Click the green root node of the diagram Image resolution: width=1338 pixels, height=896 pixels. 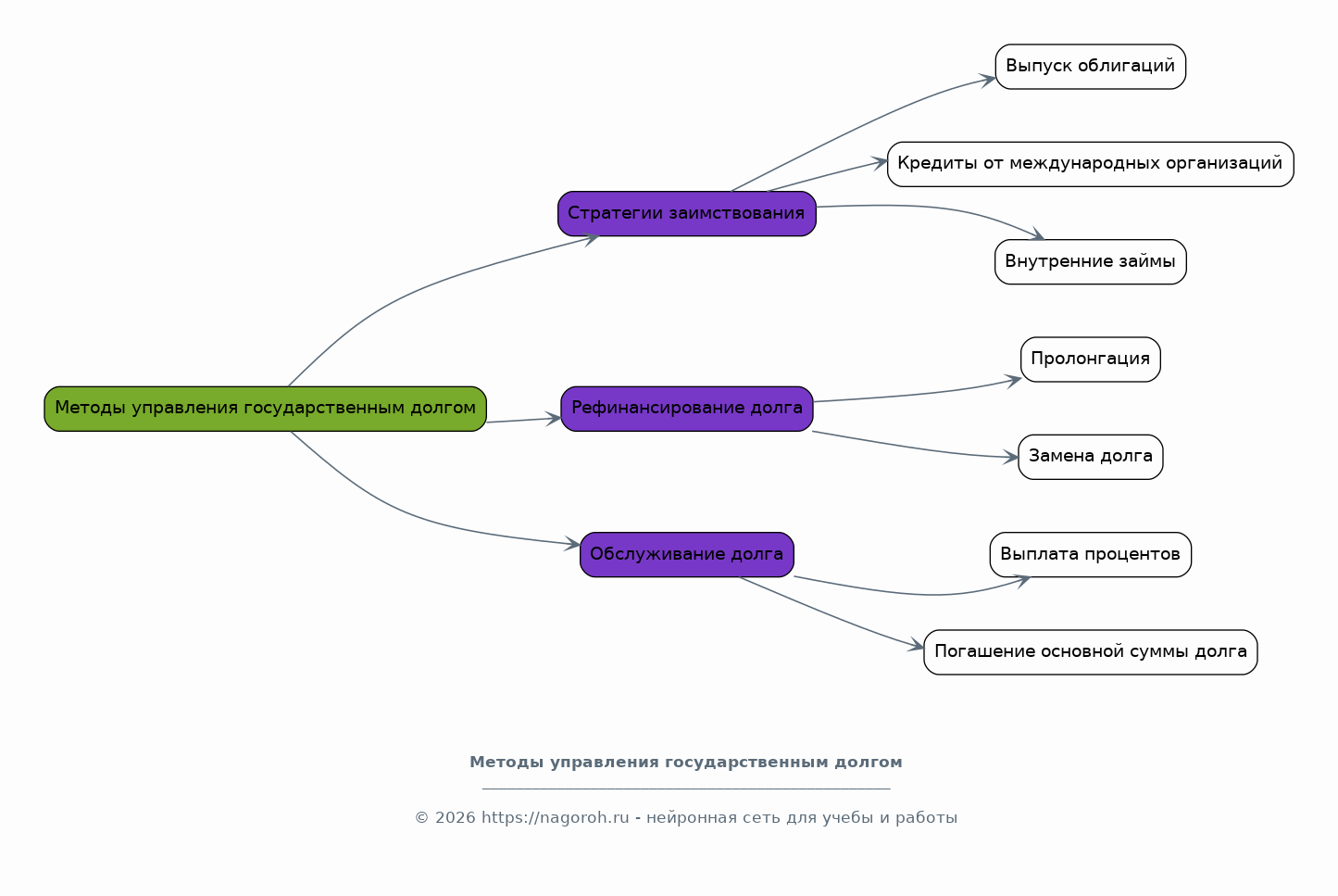click(x=265, y=409)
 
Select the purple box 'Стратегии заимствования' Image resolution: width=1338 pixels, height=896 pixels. click(x=687, y=214)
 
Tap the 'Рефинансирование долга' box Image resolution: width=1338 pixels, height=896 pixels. click(x=687, y=409)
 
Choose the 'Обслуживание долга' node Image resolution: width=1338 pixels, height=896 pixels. click(x=687, y=555)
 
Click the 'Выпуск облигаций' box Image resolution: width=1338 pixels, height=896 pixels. click(x=1091, y=67)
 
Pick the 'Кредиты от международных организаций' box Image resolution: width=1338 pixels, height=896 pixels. click(x=1091, y=164)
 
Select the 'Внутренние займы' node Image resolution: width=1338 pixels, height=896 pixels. click(x=1091, y=262)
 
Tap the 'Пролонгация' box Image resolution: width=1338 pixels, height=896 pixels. click(x=1091, y=360)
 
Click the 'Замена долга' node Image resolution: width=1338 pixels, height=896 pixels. click(x=1091, y=457)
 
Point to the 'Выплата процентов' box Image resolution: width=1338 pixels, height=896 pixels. click(x=1091, y=555)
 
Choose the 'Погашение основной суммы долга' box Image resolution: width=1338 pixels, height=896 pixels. click(x=1091, y=652)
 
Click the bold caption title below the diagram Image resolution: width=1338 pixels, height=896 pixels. click(x=686, y=763)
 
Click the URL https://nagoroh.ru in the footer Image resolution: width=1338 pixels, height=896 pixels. click(x=555, y=817)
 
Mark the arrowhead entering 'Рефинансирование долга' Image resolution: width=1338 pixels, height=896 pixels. click(x=554, y=419)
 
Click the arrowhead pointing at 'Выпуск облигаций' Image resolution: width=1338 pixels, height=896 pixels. click(x=987, y=81)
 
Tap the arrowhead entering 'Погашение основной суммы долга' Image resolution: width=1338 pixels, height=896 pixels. click(x=916, y=645)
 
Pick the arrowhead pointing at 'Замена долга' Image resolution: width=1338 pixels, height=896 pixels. click(x=1010, y=458)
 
